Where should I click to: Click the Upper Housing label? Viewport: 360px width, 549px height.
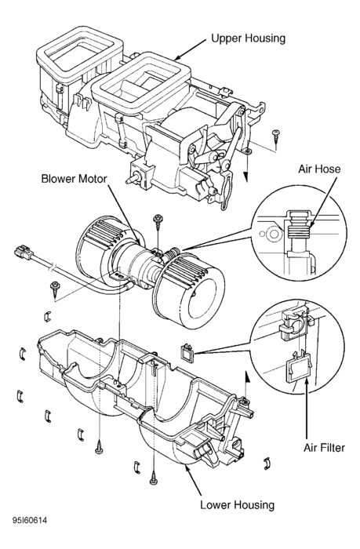(x=248, y=38)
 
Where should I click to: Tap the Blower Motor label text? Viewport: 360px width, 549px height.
(x=74, y=179)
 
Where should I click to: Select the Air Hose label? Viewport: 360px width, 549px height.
(x=319, y=169)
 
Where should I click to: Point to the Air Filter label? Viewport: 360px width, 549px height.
(x=324, y=448)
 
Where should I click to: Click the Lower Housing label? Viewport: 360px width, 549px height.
(x=237, y=505)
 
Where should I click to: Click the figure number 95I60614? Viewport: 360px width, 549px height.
(x=30, y=521)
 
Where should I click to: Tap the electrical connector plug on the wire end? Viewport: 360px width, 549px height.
(x=24, y=253)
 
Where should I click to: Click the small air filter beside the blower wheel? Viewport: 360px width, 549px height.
(x=188, y=352)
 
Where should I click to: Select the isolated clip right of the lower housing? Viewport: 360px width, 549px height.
(x=267, y=463)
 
